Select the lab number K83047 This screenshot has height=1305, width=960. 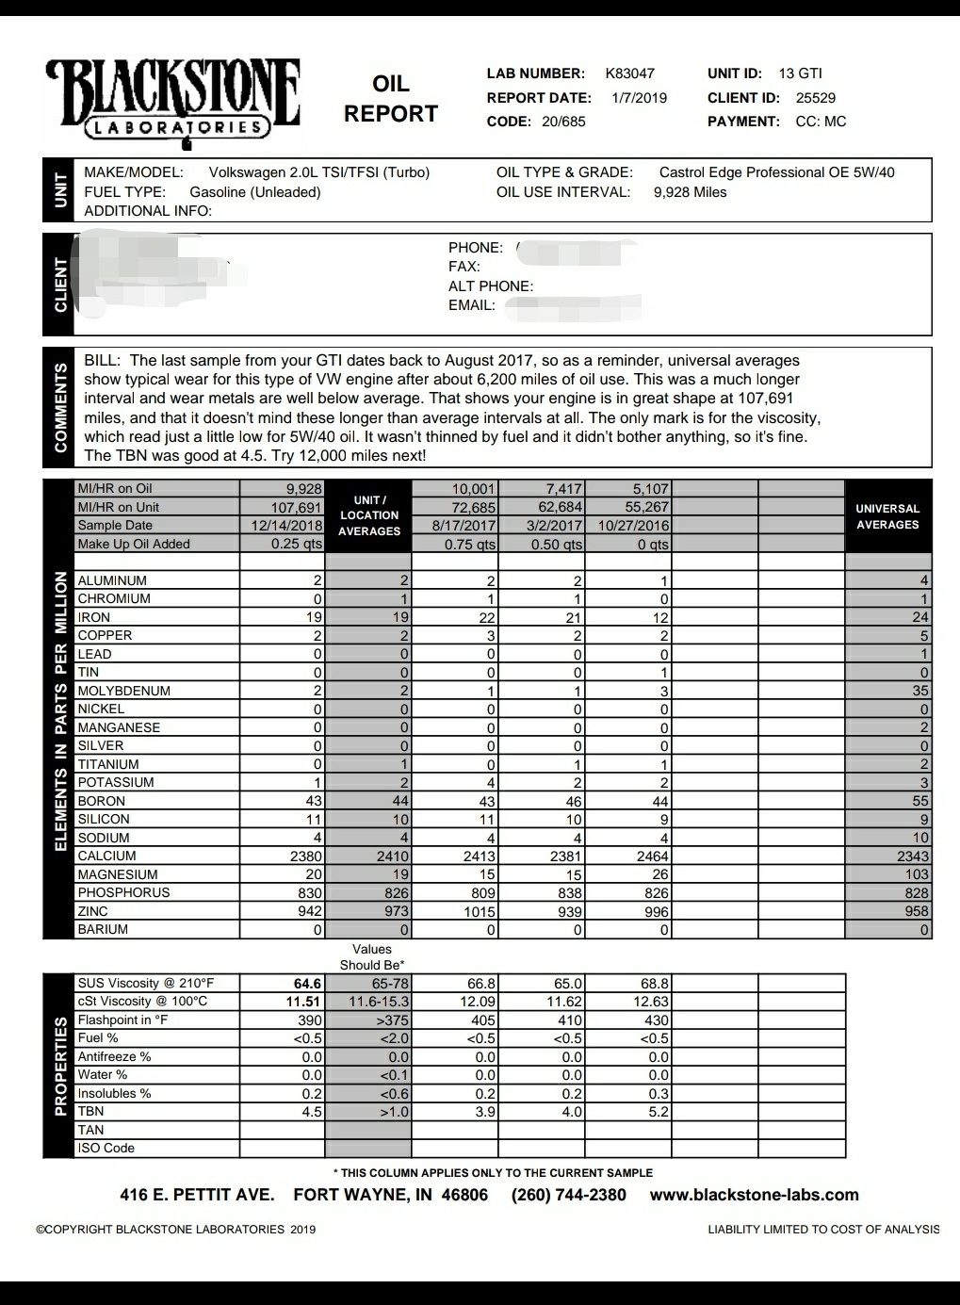tap(629, 73)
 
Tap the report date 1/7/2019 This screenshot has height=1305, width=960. tap(639, 98)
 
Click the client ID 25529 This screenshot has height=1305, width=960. tap(815, 98)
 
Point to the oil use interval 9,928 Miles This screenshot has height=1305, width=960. tap(690, 192)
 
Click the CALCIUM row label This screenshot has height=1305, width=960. tap(106, 856)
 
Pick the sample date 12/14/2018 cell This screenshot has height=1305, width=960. tap(286, 526)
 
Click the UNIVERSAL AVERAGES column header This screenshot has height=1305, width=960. tap(887, 516)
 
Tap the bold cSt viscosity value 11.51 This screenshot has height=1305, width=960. tap(303, 1002)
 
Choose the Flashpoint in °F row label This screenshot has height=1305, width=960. tap(122, 1020)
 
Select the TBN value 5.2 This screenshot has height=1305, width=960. tap(659, 1112)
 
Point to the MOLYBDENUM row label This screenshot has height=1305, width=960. tap(123, 691)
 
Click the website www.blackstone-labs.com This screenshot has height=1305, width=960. tap(754, 1195)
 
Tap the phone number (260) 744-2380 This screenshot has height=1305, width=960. tap(568, 1195)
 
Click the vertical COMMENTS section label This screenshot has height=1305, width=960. tap(60, 407)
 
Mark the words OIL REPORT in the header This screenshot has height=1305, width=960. tap(390, 99)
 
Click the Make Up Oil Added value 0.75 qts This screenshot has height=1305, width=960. tap(470, 545)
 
